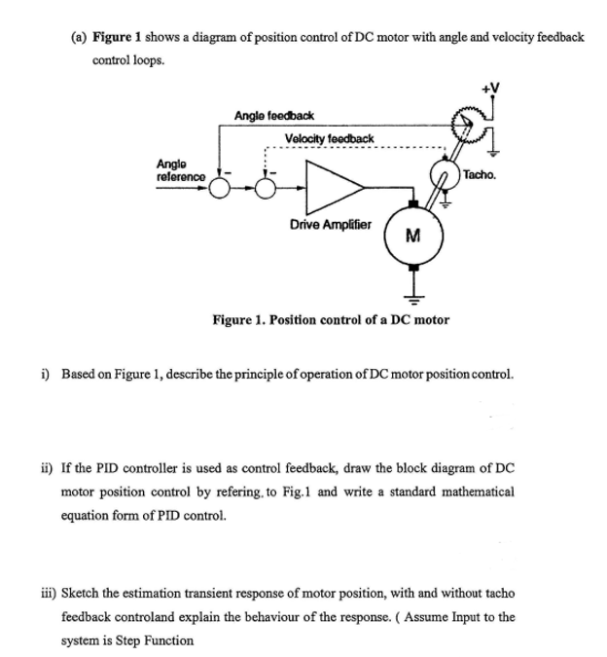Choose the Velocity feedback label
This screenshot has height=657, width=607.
(330, 138)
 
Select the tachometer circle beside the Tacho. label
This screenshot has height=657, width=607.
(448, 177)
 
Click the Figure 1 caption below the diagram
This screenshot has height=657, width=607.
(331, 319)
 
